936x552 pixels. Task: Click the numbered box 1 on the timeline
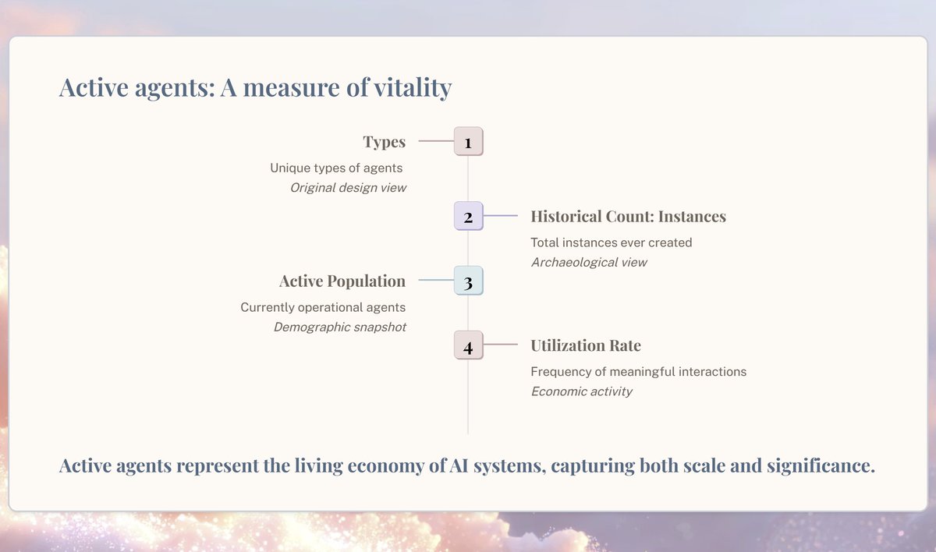468,142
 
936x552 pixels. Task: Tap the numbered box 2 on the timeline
468,216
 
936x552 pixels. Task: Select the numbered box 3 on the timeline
468,281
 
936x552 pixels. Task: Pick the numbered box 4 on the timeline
468,345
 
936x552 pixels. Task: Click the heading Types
384,142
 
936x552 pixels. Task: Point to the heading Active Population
342,281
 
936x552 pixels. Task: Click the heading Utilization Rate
586,345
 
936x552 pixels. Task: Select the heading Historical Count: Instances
628,216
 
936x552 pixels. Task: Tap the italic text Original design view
348,188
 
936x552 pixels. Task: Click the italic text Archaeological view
589,262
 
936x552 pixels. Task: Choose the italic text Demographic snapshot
339,327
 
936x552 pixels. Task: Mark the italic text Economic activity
581,391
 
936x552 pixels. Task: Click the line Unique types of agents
336,168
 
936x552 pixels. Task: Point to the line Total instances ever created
611,242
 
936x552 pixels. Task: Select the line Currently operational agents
323,307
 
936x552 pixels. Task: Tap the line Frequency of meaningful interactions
638,372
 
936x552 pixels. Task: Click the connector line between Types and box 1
436,142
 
